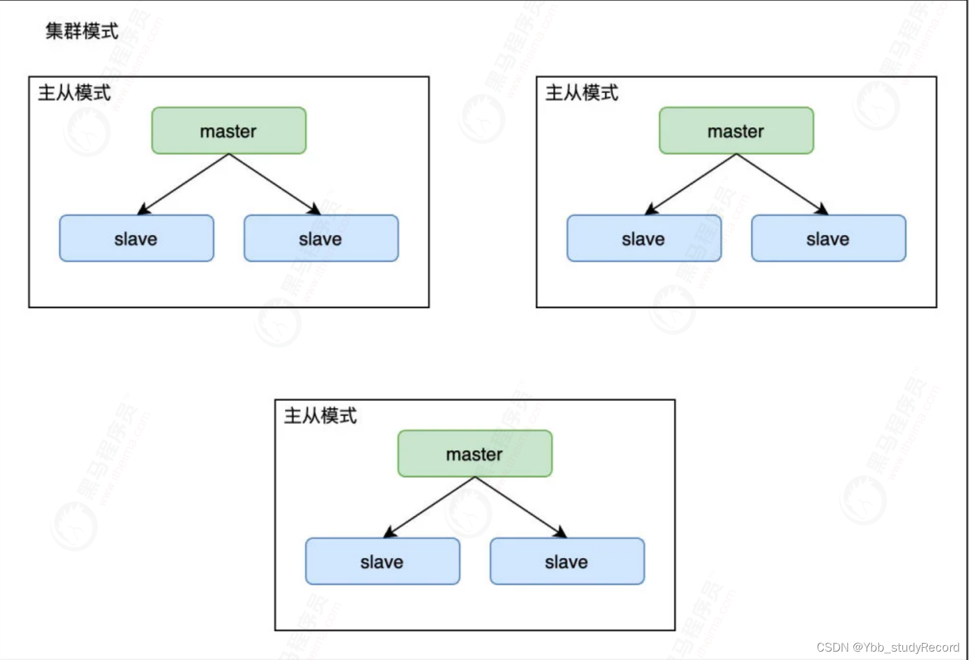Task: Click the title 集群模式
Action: (82, 31)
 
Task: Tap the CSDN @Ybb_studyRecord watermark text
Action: (888, 647)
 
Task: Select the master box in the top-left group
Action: (229, 131)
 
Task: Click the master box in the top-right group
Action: (736, 131)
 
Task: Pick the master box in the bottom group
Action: (475, 454)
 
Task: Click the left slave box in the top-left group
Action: (136, 239)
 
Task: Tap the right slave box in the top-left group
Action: (321, 239)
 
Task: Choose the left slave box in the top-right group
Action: (643, 239)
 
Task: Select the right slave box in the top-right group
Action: (828, 239)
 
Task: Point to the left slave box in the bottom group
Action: (382, 562)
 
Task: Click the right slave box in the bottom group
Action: (567, 562)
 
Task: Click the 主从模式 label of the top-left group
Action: (74, 93)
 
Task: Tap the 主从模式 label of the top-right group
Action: (581, 93)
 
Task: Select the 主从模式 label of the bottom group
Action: (320, 416)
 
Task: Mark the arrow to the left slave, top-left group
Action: (183, 184)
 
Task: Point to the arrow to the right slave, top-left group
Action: (275, 184)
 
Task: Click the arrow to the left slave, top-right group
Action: (691, 184)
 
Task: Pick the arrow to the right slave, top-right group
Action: (782, 184)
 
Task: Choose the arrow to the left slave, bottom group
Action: (430, 507)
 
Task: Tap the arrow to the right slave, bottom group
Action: (521, 507)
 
